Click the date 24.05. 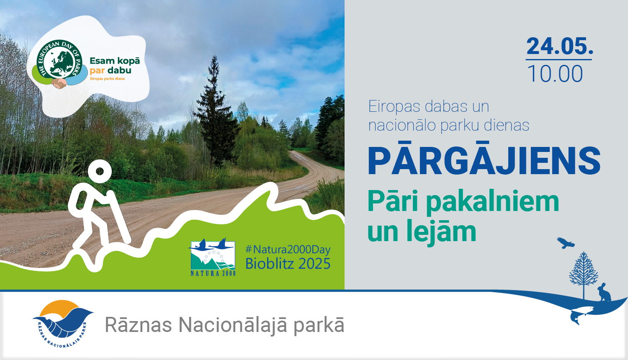pos(560,46)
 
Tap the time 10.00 pos(555,74)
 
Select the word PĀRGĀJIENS pos(484,162)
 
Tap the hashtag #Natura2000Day pos(288,249)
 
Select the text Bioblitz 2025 pos(288,264)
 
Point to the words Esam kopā pos(115,61)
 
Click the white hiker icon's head pos(99,171)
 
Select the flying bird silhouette pos(565,243)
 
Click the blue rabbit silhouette pos(604,293)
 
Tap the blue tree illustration pos(583,272)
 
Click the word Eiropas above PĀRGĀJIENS pos(394,107)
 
